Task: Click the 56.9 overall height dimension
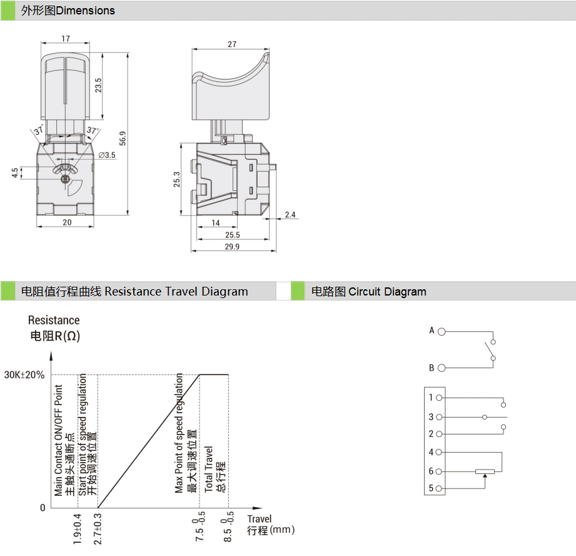point(123,138)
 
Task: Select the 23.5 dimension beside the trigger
point(98,85)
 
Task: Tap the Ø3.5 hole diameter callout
point(107,155)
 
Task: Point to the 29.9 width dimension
point(232,247)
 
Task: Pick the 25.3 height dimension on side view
point(177,179)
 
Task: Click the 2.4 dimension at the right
point(290,215)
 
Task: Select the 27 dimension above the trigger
point(232,44)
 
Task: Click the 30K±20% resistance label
point(24,375)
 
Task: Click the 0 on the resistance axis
point(43,508)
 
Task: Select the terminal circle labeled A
point(442,331)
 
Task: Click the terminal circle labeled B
point(442,368)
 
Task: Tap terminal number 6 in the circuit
point(431,471)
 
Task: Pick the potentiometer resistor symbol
point(485,471)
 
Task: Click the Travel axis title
point(260,519)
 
